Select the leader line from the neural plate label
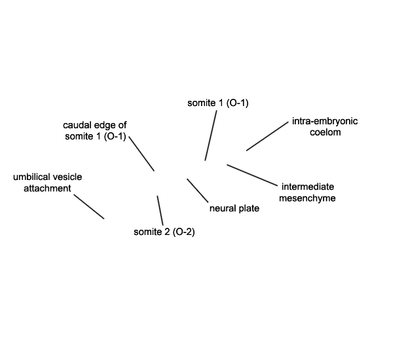click(x=197, y=190)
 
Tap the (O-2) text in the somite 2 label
click(x=183, y=232)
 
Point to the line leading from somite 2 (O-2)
click(x=160, y=210)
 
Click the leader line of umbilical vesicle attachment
click(x=89, y=207)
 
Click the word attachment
click(x=47, y=188)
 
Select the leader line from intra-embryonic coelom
click(x=267, y=136)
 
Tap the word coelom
click(x=325, y=132)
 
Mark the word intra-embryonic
click(x=325, y=121)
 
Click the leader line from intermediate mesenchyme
click(x=252, y=175)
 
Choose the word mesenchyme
click(x=307, y=198)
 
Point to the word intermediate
click(x=308, y=187)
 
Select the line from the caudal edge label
click(x=141, y=153)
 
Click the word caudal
click(x=77, y=125)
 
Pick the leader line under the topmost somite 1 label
click(x=211, y=135)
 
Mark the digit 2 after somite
click(x=166, y=232)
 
